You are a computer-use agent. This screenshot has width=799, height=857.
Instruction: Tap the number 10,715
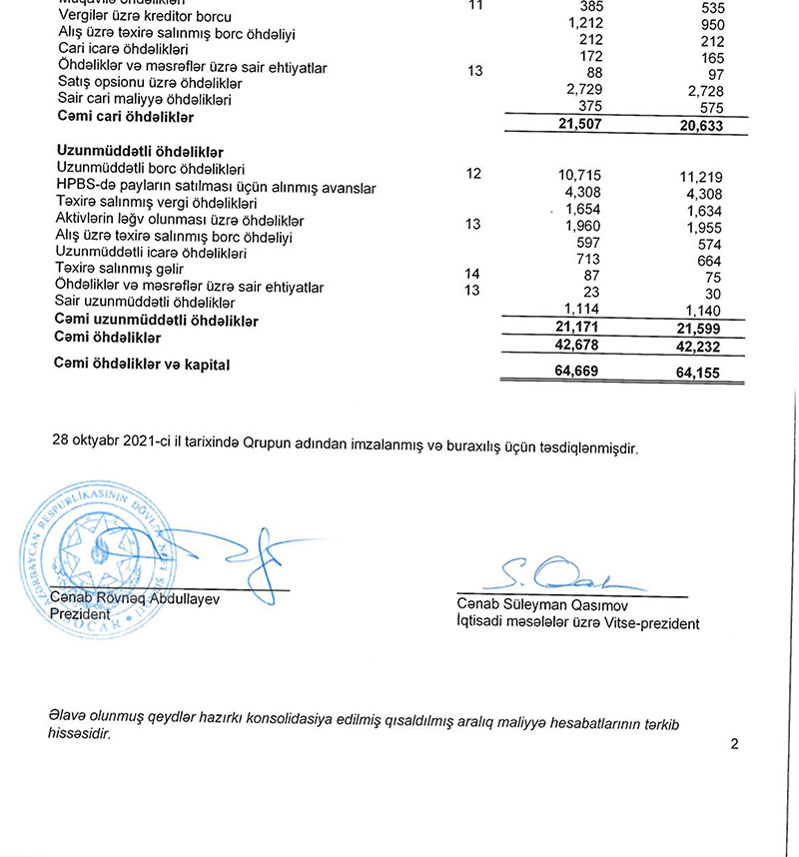coord(579,175)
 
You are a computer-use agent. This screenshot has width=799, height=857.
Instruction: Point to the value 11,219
coord(700,178)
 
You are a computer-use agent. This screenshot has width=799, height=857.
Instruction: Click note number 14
coord(473,272)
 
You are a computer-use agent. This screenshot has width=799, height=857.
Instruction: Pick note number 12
coord(473,173)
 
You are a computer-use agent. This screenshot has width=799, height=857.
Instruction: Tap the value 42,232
coord(700,347)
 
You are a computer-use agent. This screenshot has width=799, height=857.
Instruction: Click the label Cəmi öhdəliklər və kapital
coord(142,366)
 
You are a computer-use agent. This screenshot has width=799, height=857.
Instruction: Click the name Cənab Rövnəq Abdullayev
coord(134,599)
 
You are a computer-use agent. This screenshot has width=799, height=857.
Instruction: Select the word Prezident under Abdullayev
coord(80,615)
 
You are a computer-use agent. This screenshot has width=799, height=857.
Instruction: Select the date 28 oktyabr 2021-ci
coord(109,446)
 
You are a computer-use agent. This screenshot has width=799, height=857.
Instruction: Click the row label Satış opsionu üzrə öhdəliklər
coord(150,84)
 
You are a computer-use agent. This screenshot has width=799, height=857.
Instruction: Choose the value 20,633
coord(700,127)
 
